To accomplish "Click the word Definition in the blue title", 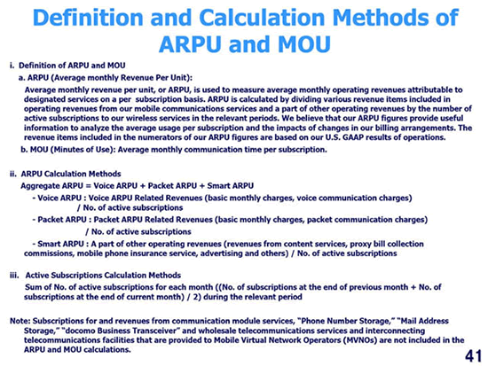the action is pyautogui.click(x=88, y=17).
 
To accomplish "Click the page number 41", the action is pyautogui.click(x=474, y=355).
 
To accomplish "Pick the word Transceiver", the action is pyautogui.click(x=156, y=331).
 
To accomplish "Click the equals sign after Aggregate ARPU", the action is pyautogui.click(x=88, y=186).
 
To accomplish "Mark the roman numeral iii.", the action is pyautogui.click(x=14, y=276).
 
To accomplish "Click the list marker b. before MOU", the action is pyautogui.click(x=24, y=150).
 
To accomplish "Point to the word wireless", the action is pyautogui.click(x=142, y=118).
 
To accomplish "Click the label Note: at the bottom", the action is pyautogui.click(x=20, y=321).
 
